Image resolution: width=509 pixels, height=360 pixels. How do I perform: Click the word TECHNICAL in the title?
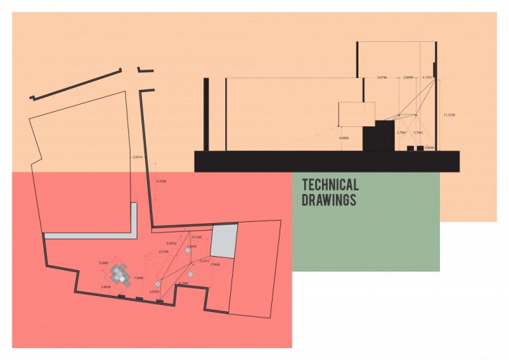(330, 185)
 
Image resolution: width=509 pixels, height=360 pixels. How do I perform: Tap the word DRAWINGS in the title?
(328, 200)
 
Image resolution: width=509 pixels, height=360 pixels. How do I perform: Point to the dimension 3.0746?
(381, 76)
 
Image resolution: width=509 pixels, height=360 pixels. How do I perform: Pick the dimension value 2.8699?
(409, 76)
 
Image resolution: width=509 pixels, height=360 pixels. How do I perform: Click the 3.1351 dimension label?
(427, 76)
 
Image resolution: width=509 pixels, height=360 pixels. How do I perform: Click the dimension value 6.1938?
(161, 181)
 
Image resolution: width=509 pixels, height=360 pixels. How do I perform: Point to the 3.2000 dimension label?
(103, 262)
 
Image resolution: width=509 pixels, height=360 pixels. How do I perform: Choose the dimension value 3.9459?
(105, 287)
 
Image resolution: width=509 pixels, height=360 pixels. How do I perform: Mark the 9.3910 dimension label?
(171, 243)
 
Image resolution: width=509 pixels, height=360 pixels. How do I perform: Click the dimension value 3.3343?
(154, 292)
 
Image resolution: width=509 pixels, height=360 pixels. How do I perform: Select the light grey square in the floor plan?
(224, 242)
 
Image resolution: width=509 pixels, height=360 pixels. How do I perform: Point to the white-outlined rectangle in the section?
(356, 114)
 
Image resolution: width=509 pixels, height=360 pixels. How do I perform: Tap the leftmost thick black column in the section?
(206, 114)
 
